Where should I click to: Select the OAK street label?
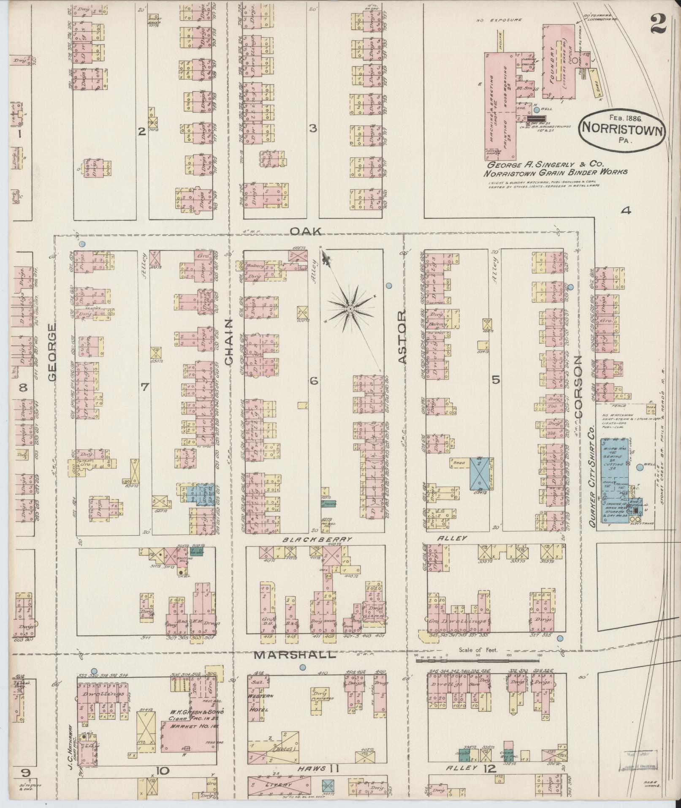[307, 231]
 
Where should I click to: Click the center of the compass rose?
[350, 310]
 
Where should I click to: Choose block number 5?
[496, 380]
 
